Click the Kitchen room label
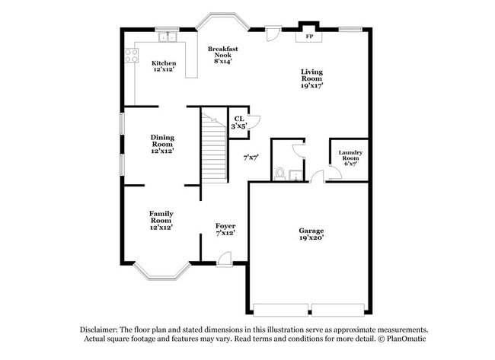[x=164, y=63]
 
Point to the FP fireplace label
[x=309, y=37]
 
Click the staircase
[x=214, y=148]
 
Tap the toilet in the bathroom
[x=279, y=174]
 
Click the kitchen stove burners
[x=131, y=55]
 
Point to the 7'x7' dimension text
[x=251, y=158]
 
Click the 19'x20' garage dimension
[x=311, y=238]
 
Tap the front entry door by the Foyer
[x=224, y=260]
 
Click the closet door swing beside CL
[x=254, y=121]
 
